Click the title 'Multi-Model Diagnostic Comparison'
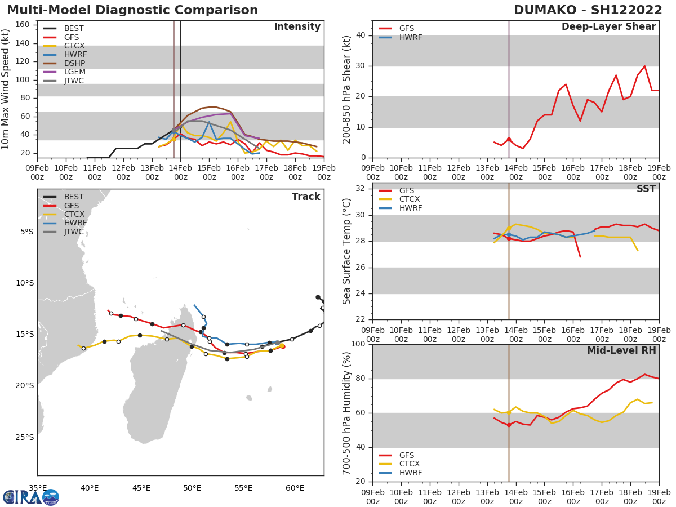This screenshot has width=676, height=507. click(x=132, y=10)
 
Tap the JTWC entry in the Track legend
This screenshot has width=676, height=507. click(x=74, y=232)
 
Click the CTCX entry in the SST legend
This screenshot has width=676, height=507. click(x=410, y=199)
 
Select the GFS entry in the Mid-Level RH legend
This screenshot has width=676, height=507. click(x=406, y=455)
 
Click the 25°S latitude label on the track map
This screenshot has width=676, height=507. click(x=26, y=437)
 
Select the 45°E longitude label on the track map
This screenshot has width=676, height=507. click(x=141, y=488)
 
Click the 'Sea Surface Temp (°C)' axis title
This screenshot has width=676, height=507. click(x=348, y=251)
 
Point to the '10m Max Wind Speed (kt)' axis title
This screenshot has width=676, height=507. click(x=6, y=89)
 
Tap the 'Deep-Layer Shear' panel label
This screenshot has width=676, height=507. click(x=608, y=27)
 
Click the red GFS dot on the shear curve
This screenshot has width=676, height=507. click(x=509, y=139)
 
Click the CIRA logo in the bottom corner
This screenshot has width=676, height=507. click(x=31, y=497)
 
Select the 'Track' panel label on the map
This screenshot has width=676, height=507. click(x=305, y=197)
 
